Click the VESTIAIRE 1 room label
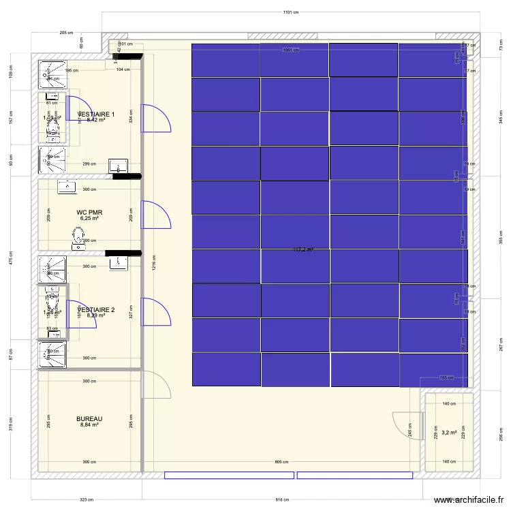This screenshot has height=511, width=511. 96,114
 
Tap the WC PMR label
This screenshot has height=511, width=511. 89,213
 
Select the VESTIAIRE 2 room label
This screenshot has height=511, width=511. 96,309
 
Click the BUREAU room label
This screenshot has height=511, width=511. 89,418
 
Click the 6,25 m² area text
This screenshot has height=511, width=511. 89,219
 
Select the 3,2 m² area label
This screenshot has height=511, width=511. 449,432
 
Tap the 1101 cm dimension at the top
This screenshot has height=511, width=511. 291,12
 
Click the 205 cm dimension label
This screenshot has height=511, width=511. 66,33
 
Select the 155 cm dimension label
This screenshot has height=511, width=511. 446,377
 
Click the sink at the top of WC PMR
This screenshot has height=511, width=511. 68,185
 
